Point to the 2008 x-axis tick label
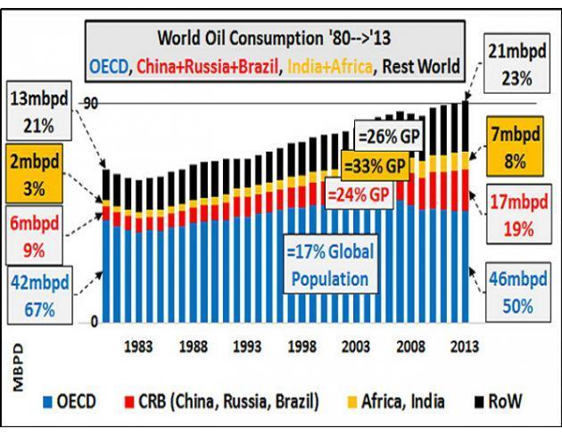click(409, 345)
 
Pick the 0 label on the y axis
click(92, 323)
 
